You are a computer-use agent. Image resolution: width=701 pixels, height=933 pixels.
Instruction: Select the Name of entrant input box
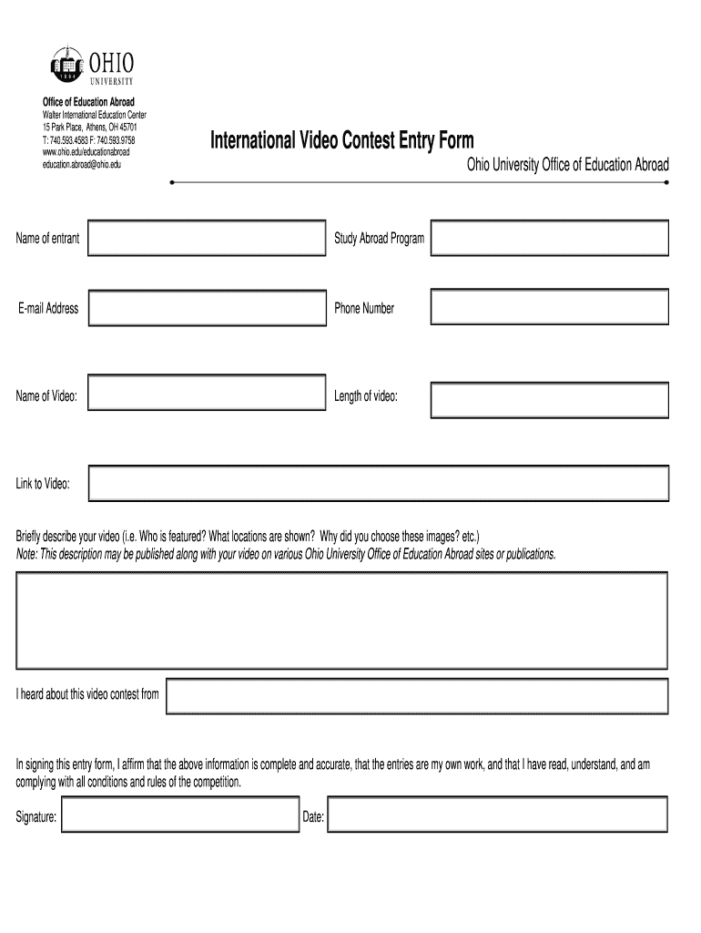207,238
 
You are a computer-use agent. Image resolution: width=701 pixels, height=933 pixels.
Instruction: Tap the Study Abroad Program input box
549,238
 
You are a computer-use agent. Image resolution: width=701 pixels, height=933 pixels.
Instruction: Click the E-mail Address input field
207,308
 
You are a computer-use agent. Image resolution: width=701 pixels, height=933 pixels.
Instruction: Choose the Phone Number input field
549,308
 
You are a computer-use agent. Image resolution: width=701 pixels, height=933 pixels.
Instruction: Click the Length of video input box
549,398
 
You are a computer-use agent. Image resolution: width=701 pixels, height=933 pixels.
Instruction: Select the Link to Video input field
378,483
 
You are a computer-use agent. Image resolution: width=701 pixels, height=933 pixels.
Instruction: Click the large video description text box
341,620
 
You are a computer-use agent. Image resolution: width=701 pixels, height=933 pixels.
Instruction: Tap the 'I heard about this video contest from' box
417,694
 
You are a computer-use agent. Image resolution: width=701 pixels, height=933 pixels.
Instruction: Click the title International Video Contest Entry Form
342,140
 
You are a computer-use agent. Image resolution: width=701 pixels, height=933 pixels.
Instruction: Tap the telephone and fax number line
88,141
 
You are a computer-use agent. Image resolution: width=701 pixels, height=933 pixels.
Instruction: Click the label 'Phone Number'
364,308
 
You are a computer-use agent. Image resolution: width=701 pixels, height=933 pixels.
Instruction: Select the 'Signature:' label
36,817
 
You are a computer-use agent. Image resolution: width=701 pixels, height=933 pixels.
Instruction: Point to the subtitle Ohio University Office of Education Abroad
567,165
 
